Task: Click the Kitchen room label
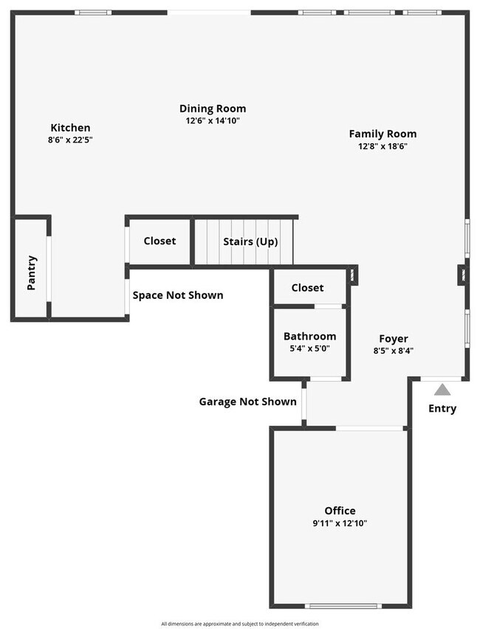(70, 128)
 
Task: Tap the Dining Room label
(213, 109)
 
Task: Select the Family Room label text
(383, 134)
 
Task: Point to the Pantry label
(32, 272)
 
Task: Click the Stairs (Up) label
(250, 241)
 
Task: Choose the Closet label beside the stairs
(160, 241)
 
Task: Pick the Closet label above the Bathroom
(307, 288)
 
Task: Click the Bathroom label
(309, 336)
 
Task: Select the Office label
(340, 510)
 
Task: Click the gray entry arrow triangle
(442, 390)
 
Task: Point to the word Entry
(442, 408)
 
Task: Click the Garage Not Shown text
(247, 402)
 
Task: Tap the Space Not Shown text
(177, 295)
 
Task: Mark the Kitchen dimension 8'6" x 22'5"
(70, 140)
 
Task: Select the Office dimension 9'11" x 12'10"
(340, 523)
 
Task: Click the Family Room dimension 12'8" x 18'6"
(383, 146)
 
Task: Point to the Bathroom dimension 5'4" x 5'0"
(309, 348)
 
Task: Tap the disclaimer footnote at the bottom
(240, 624)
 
